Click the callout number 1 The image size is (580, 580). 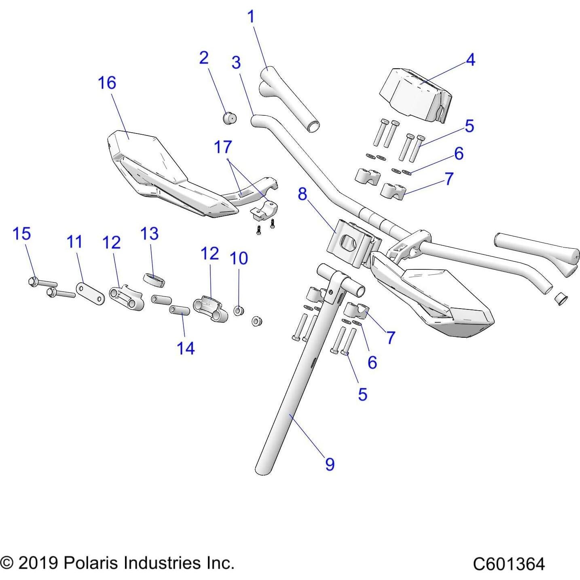[x=251, y=17]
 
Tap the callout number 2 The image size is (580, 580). [x=204, y=58]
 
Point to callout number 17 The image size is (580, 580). [x=223, y=147]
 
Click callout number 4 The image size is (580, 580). [x=470, y=59]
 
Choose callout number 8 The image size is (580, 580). [x=302, y=194]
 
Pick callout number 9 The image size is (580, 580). [x=330, y=464]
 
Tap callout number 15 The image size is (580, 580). [x=22, y=233]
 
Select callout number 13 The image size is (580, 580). [x=149, y=233]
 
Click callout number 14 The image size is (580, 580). [x=186, y=348]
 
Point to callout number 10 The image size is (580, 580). [x=239, y=258]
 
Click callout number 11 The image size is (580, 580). [x=74, y=242]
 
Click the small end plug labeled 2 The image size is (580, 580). [x=230, y=118]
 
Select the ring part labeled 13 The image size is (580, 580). [x=154, y=279]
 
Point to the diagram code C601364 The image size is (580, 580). [x=509, y=564]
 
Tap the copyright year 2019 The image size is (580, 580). [x=37, y=563]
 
